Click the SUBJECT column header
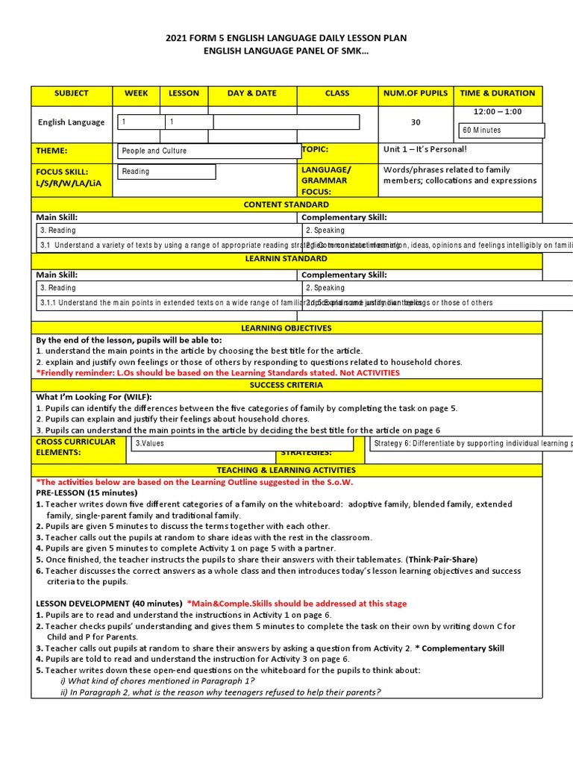pyautogui.click(x=71, y=93)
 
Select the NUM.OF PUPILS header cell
pyautogui.click(x=416, y=93)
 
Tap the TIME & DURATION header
pyautogui.click(x=498, y=93)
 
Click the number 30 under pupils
pyautogui.click(x=416, y=122)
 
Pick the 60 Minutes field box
pyautogui.click(x=501, y=131)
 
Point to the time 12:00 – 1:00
pyautogui.click(x=498, y=112)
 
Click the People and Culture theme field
pyautogui.click(x=208, y=151)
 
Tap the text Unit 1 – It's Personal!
pyautogui.click(x=425, y=149)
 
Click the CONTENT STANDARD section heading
pyautogui.click(x=286, y=204)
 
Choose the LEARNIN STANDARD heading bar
pyautogui.click(x=286, y=258)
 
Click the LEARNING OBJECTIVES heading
pyautogui.click(x=286, y=328)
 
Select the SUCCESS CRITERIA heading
pyautogui.click(x=286, y=385)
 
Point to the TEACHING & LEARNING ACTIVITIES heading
pyautogui.click(x=286, y=471)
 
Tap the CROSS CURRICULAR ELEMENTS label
pyautogui.click(x=75, y=447)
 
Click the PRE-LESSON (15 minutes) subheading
pyautogui.click(x=87, y=493)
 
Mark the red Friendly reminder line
pyautogui.click(x=218, y=373)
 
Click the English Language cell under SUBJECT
pyautogui.click(x=71, y=122)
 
